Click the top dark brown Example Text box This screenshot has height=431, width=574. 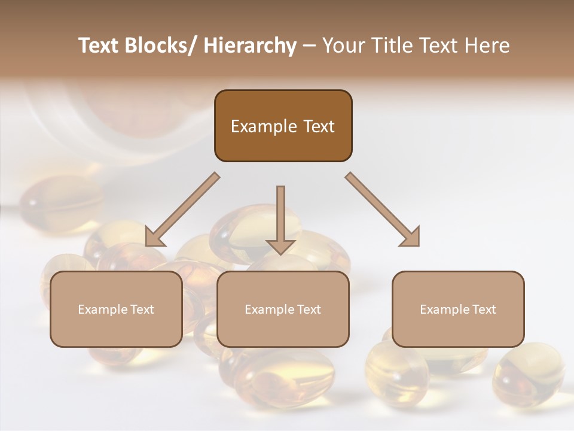click(x=283, y=126)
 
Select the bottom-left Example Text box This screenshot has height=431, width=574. click(x=116, y=309)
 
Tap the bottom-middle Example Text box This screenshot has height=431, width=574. click(x=283, y=309)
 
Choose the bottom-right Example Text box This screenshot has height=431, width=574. click(x=458, y=309)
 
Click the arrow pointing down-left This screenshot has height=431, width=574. click(x=182, y=210)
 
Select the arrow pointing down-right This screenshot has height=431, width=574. click(x=383, y=210)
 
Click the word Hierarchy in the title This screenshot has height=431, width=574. click(x=250, y=46)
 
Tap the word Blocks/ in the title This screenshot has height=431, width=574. click(x=161, y=46)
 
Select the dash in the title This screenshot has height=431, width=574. click(x=309, y=46)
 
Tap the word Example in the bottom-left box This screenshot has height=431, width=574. click(x=102, y=309)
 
